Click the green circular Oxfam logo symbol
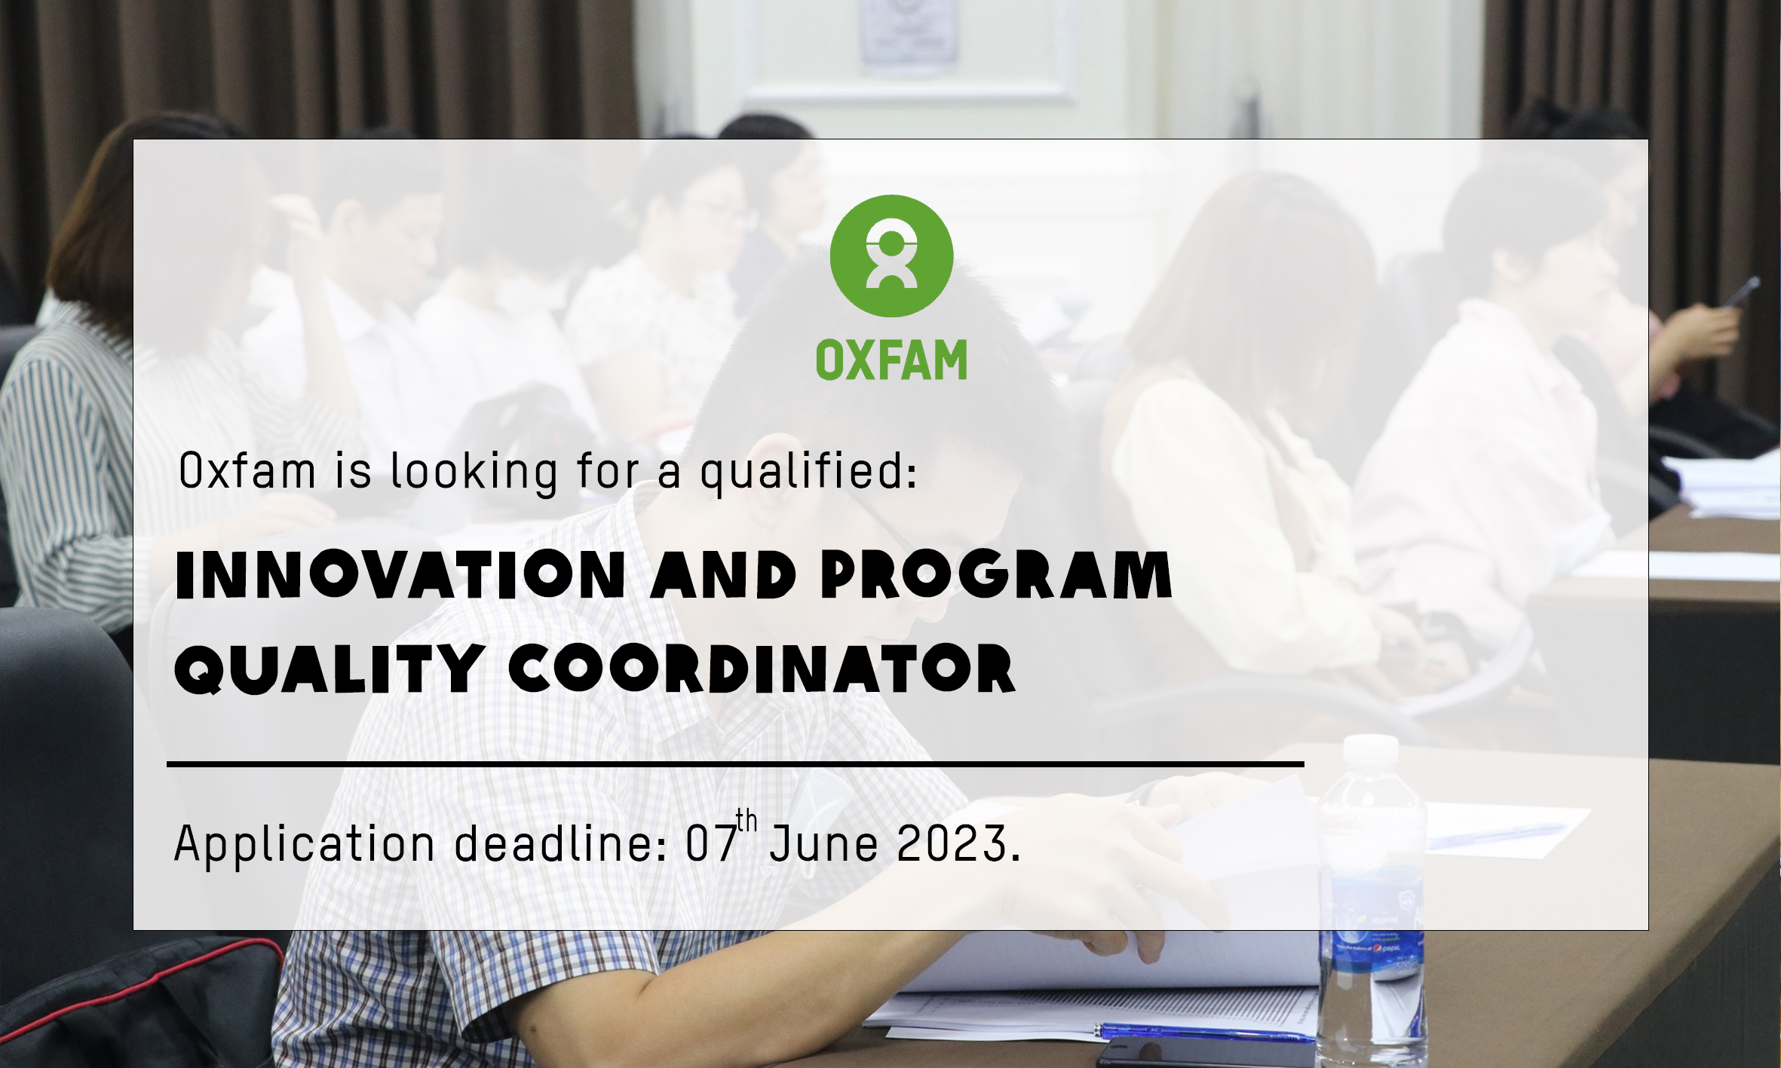pyautogui.click(x=891, y=256)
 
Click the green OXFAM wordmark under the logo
pyautogui.click(x=891, y=360)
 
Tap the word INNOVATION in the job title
pyautogui.click(x=400, y=575)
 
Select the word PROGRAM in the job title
pyautogui.click(x=995, y=575)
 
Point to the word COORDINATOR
pyautogui.click(x=762, y=669)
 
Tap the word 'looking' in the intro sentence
pyautogui.click(x=474, y=473)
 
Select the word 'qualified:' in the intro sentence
pyautogui.click(x=808, y=473)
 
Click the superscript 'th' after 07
pyautogui.click(x=746, y=820)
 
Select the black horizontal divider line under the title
pyautogui.click(x=735, y=764)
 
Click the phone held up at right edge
pyautogui.click(x=1742, y=291)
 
